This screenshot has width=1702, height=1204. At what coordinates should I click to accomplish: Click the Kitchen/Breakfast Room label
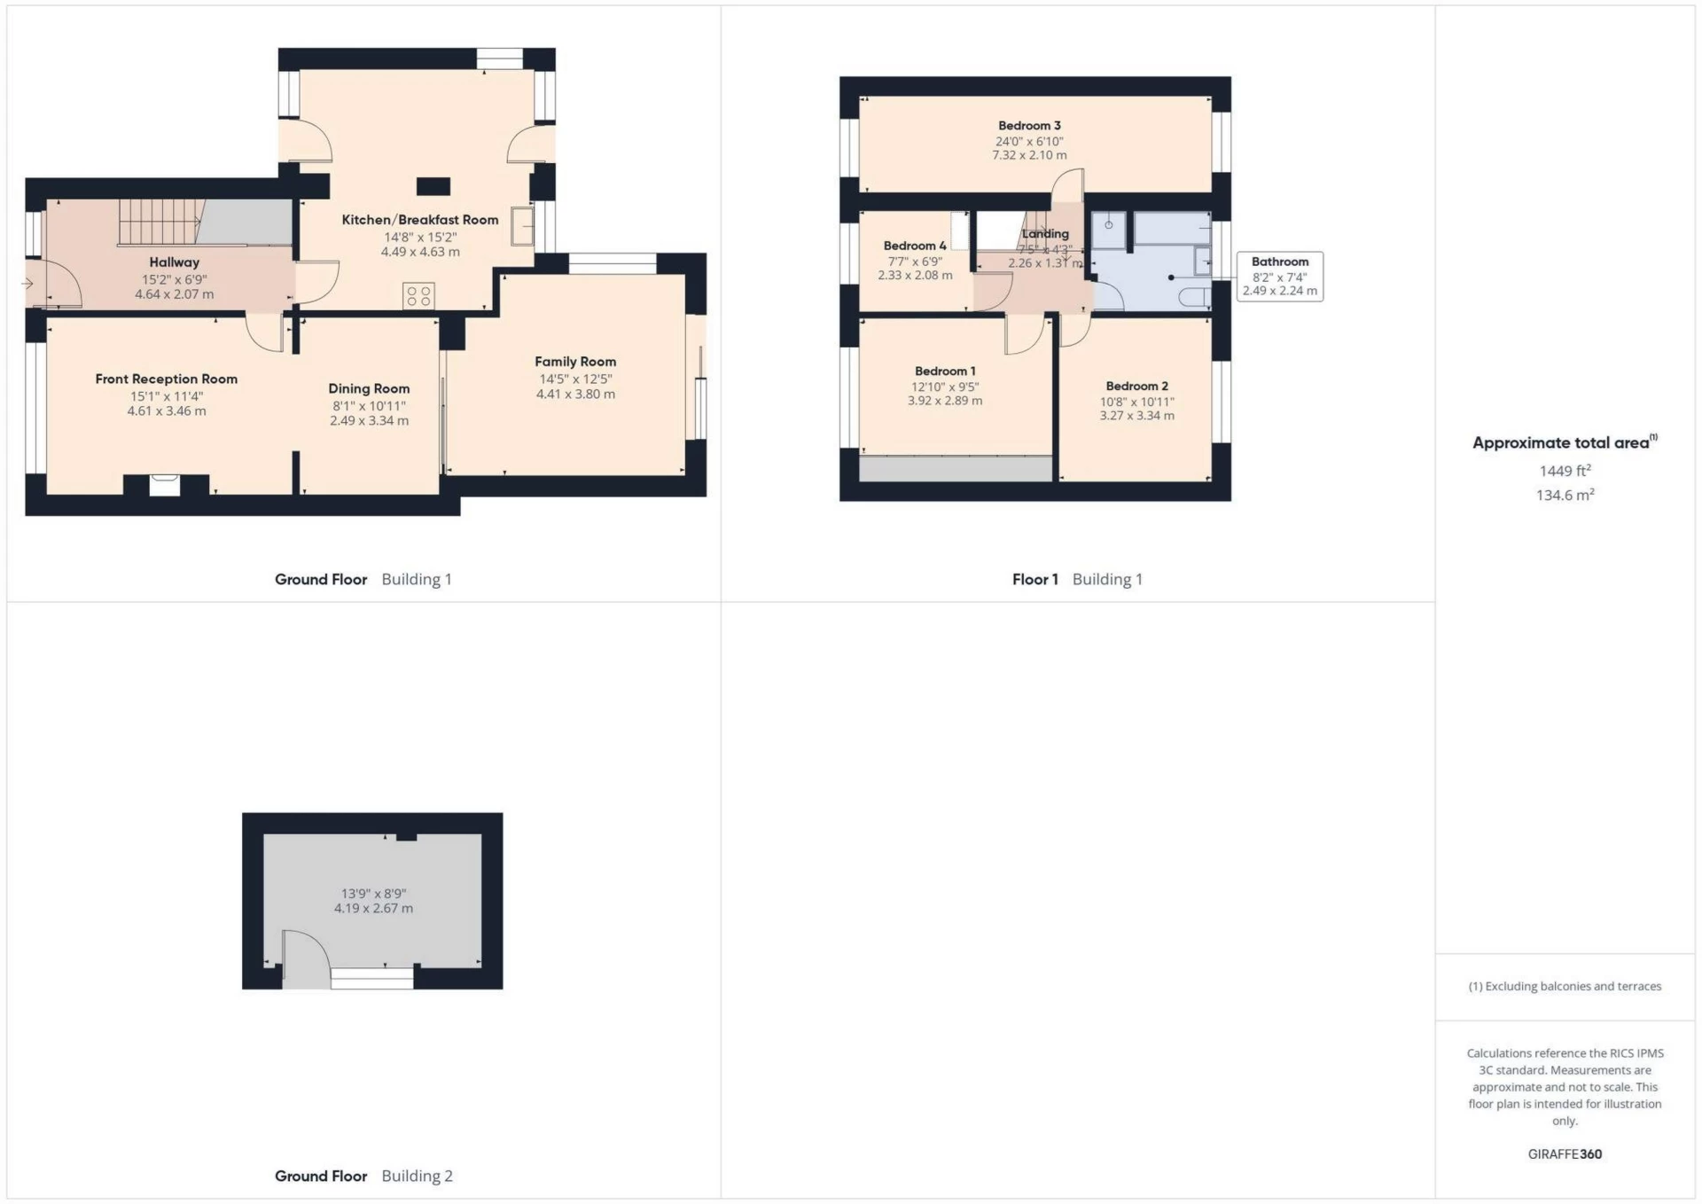(x=419, y=220)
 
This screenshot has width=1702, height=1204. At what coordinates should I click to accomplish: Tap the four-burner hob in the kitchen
(x=418, y=296)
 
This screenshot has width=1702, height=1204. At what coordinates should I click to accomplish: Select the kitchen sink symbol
(x=522, y=227)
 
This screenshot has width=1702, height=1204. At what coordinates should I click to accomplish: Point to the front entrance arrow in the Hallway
(x=27, y=284)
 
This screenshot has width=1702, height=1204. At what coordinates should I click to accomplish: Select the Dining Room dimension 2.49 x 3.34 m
(x=369, y=421)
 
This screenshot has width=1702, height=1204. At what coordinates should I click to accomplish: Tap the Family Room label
(x=574, y=362)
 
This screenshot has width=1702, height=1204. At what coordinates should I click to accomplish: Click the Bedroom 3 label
(x=1028, y=126)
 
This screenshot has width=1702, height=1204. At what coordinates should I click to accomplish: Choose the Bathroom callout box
(x=1279, y=277)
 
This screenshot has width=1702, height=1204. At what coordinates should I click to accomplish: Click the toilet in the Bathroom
(x=1196, y=296)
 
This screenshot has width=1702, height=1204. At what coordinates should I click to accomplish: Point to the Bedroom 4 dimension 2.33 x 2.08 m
(x=915, y=276)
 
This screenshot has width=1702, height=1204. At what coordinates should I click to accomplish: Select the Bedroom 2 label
(x=1136, y=387)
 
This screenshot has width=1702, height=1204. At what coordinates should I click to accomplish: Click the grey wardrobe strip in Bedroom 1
(x=955, y=469)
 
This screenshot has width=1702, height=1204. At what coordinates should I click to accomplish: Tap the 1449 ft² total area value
(x=1565, y=471)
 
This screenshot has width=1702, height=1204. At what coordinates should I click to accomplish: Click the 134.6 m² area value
(x=1565, y=496)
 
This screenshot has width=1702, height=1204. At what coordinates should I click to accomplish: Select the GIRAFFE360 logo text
(x=1565, y=1154)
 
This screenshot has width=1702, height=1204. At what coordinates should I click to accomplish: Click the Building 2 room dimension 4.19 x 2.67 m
(x=373, y=909)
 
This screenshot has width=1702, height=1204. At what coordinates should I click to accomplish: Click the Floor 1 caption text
(x=1034, y=580)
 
